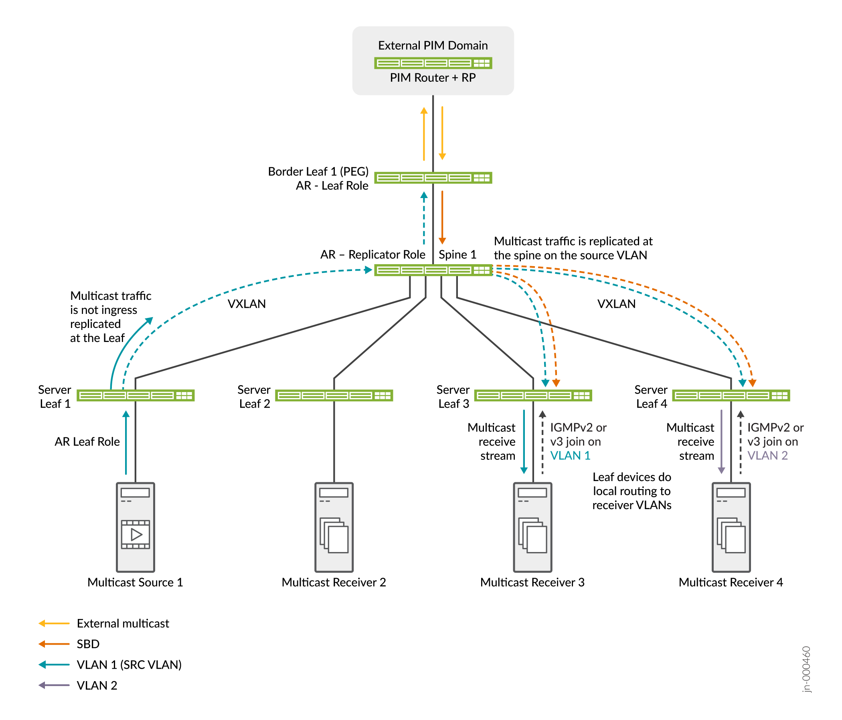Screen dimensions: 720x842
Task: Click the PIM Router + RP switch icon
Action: tap(433, 63)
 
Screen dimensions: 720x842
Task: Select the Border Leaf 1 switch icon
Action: tap(433, 178)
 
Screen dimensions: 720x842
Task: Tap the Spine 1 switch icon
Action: tap(433, 270)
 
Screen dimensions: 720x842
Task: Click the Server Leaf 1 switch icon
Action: tap(136, 395)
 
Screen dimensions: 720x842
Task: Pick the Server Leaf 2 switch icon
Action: tap(334, 395)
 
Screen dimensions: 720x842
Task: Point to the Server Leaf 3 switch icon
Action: tap(533, 395)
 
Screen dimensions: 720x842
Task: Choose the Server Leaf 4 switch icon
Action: tap(731, 395)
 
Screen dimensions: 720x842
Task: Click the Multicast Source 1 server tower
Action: tap(136, 527)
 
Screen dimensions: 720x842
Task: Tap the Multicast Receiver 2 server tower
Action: tap(334, 527)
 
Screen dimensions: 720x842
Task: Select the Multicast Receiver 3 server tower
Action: tap(532, 527)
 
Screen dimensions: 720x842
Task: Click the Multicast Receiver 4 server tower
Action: tap(731, 527)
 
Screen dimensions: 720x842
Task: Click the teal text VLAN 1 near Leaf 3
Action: tap(570, 455)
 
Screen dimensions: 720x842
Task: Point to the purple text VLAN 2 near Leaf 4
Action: tap(768, 455)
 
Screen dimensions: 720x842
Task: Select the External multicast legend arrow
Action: tap(54, 623)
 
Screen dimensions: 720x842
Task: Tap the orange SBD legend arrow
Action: tap(54, 644)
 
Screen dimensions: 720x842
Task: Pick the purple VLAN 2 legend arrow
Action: tap(54, 686)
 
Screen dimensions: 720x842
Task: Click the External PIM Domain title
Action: tap(433, 46)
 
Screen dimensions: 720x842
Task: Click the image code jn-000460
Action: tap(806, 669)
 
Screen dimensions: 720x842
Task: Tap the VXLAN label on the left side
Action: tap(247, 304)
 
